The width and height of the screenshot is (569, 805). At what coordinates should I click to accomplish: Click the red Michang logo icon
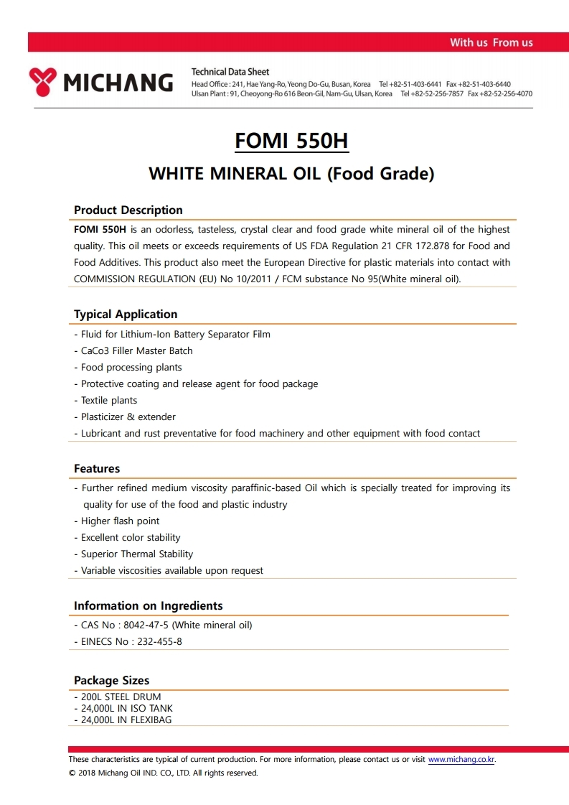click(43, 82)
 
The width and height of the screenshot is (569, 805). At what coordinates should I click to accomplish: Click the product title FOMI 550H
click(291, 140)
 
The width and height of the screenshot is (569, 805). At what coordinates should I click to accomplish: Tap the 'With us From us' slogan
click(491, 42)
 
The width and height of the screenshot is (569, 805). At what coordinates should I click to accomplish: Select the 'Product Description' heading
click(128, 210)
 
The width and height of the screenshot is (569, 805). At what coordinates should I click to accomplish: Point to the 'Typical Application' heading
click(126, 314)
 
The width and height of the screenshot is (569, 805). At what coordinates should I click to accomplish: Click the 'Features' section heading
click(97, 468)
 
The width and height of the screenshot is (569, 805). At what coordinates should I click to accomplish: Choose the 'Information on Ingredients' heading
click(149, 605)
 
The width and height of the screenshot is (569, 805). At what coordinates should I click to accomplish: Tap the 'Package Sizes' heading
click(112, 680)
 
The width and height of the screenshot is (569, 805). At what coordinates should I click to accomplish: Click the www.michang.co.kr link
click(461, 759)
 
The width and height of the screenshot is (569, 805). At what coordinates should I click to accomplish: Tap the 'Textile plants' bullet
click(108, 400)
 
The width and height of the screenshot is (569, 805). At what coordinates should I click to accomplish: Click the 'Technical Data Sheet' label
click(230, 72)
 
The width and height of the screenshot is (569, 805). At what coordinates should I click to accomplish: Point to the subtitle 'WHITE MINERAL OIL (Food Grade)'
click(291, 174)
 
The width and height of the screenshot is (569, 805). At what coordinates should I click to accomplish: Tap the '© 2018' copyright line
click(163, 773)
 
